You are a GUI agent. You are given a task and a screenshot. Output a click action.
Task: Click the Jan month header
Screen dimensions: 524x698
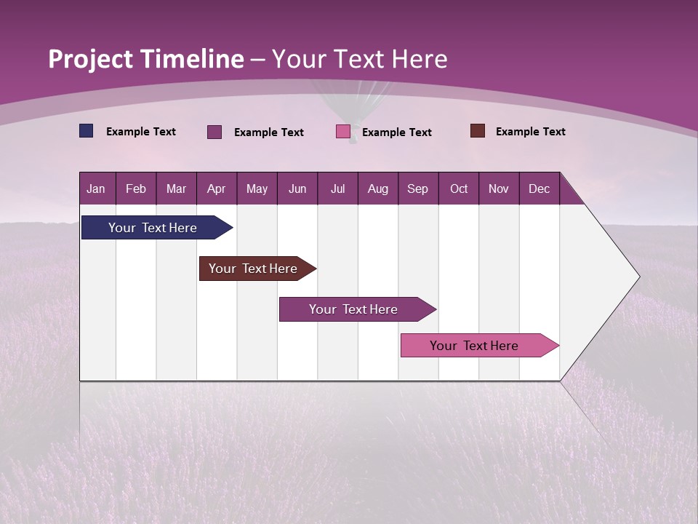tap(96, 188)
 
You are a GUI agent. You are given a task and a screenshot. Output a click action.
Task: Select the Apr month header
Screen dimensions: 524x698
tap(216, 188)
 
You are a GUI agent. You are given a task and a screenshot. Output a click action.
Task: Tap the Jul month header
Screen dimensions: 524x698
tap(337, 188)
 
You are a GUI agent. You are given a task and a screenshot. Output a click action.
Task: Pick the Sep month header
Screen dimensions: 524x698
tap(417, 188)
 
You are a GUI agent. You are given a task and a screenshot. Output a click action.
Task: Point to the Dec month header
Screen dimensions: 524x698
tap(539, 188)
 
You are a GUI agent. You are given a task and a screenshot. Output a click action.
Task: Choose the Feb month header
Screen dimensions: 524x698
tap(136, 188)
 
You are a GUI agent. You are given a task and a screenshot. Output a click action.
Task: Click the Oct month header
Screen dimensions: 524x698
tap(459, 188)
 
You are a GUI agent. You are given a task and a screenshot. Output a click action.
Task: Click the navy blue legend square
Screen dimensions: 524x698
tap(87, 131)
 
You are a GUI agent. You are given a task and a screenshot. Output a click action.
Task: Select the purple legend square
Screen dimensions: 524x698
tap(214, 132)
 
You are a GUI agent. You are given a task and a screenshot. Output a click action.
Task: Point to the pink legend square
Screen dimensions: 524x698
tap(343, 132)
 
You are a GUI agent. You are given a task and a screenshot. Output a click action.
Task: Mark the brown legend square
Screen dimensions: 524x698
tap(478, 131)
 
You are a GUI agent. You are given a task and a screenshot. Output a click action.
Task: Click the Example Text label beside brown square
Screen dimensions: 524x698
tap(530, 132)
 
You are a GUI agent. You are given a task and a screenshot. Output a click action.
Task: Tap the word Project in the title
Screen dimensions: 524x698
tap(90, 59)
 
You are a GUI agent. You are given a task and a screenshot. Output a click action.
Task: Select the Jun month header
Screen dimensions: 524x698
tap(297, 188)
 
